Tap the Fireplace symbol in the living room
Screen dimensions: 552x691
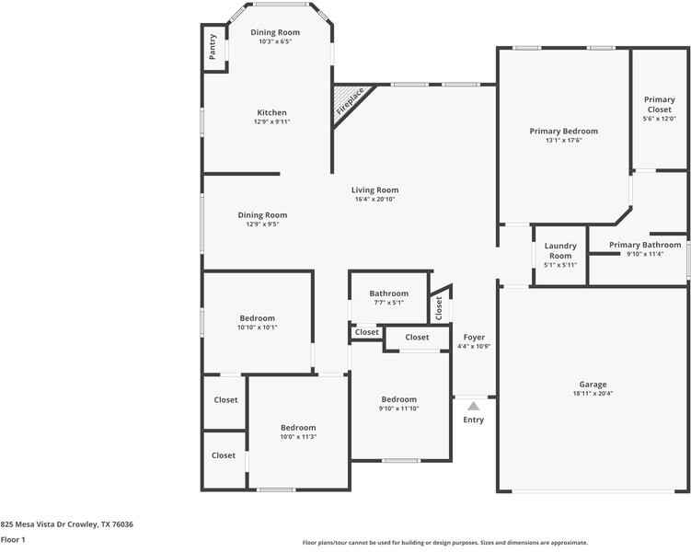pyautogui.click(x=349, y=102)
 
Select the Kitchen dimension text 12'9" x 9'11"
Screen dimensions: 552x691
pyautogui.click(x=271, y=121)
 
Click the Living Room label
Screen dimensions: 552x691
pyautogui.click(x=374, y=190)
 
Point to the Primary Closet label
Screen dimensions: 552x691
pyautogui.click(x=659, y=105)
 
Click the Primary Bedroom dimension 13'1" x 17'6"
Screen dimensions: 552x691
pyautogui.click(x=563, y=140)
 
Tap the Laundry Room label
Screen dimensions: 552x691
pyautogui.click(x=560, y=250)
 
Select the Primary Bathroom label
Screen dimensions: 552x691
pyautogui.click(x=645, y=245)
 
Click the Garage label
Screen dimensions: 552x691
pyautogui.click(x=593, y=385)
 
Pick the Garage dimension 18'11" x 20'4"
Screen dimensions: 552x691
pyautogui.click(x=593, y=394)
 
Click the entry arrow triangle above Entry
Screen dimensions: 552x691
pyautogui.click(x=473, y=405)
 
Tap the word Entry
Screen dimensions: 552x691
pyautogui.click(x=473, y=420)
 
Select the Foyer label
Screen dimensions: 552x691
pyautogui.click(x=474, y=338)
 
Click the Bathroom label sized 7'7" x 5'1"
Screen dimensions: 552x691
pyautogui.click(x=388, y=293)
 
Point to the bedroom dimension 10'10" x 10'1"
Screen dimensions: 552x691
pyautogui.click(x=257, y=327)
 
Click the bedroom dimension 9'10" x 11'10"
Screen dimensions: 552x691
pyautogui.click(x=399, y=408)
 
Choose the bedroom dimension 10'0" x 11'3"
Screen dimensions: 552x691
pyautogui.click(x=298, y=437)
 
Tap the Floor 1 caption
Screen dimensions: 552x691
pyautogui.click(x=13, y=540)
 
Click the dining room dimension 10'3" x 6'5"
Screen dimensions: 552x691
pyautogui.click(x=275, y=41)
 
